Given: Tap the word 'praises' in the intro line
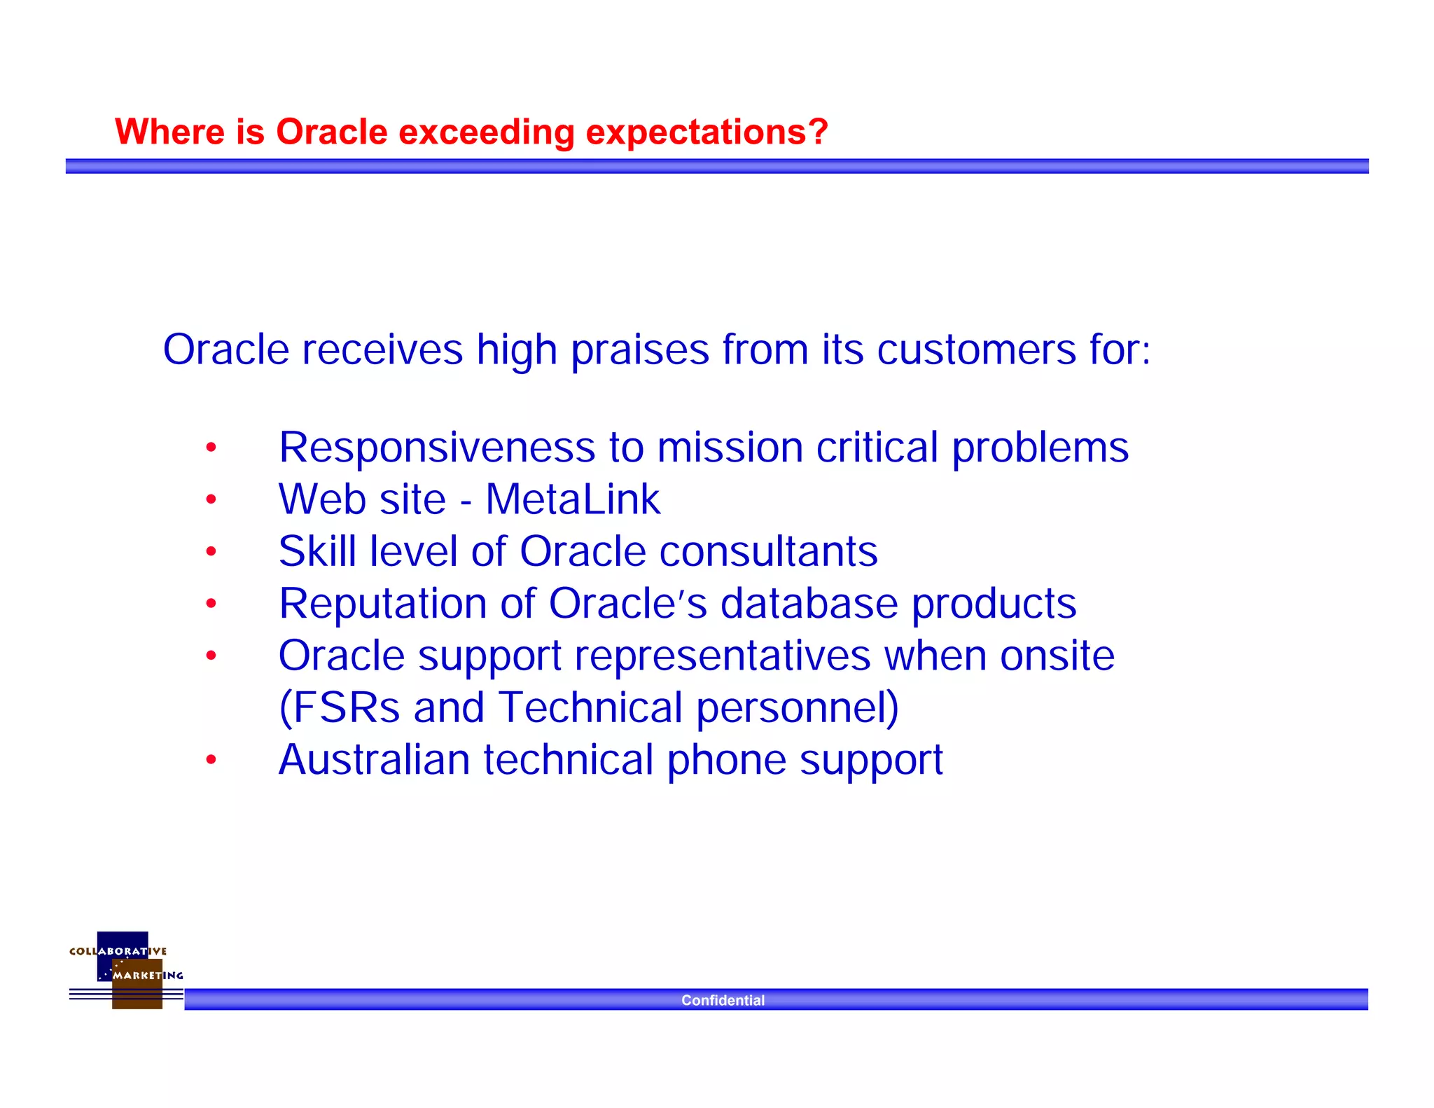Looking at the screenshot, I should [640, 349].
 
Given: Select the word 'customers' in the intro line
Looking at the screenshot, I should [976, 349].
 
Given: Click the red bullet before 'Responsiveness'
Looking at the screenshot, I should [211, 448].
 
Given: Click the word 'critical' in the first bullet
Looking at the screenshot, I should [877, 447].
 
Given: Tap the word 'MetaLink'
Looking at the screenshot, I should [573, 499].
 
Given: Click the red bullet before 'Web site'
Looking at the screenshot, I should [211, 499].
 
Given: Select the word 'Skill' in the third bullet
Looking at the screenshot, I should [317, 551].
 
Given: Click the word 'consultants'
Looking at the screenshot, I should [768, 551].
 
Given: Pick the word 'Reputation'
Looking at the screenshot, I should [382, 604].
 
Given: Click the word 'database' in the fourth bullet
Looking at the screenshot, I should [809, 604].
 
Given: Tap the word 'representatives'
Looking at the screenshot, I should [723, 656].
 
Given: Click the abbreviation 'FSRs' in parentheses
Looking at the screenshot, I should [346, 707].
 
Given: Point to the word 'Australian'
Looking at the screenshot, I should [374, 760].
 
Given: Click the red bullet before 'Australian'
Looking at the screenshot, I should [211, 760].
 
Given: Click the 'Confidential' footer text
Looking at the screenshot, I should [723, 1000].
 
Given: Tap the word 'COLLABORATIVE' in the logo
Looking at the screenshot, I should [118, 951].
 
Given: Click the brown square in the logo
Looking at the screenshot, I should [137, 996].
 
